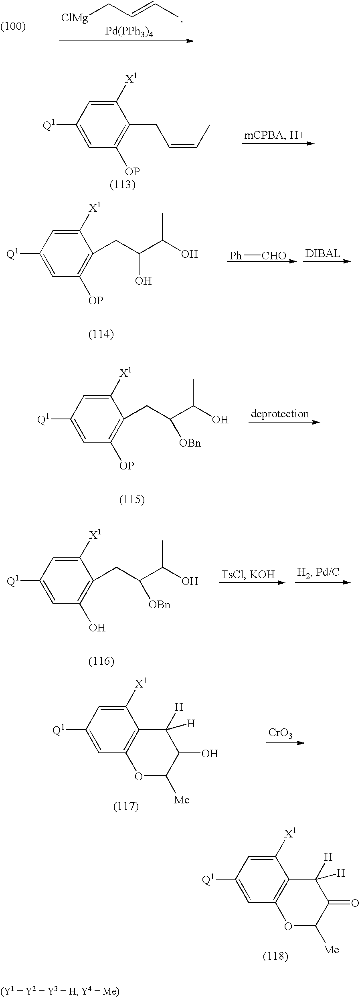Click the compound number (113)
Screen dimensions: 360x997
[122, 185]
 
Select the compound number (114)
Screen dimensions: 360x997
[101, 334]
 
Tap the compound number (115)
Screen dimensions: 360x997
[132, 500]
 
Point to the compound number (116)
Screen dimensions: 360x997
[101, 661]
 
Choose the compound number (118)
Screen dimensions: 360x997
[275, 956]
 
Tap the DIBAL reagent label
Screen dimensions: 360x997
[322, 254]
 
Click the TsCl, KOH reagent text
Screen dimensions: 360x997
[248, 574]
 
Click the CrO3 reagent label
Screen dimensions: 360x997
[280, 733]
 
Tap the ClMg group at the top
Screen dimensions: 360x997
[75, 18]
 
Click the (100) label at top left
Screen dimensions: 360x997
[13, 27]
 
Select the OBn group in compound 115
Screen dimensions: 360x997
[190, 443]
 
